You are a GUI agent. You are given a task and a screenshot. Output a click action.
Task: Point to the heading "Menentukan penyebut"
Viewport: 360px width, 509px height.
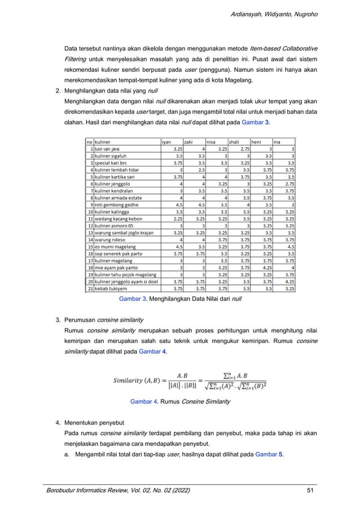[x=94, y=423]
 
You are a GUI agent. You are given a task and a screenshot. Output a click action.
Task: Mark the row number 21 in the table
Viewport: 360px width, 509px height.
[x=89, y=288]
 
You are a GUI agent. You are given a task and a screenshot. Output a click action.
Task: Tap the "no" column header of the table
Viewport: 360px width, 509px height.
[x=89, y=142]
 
